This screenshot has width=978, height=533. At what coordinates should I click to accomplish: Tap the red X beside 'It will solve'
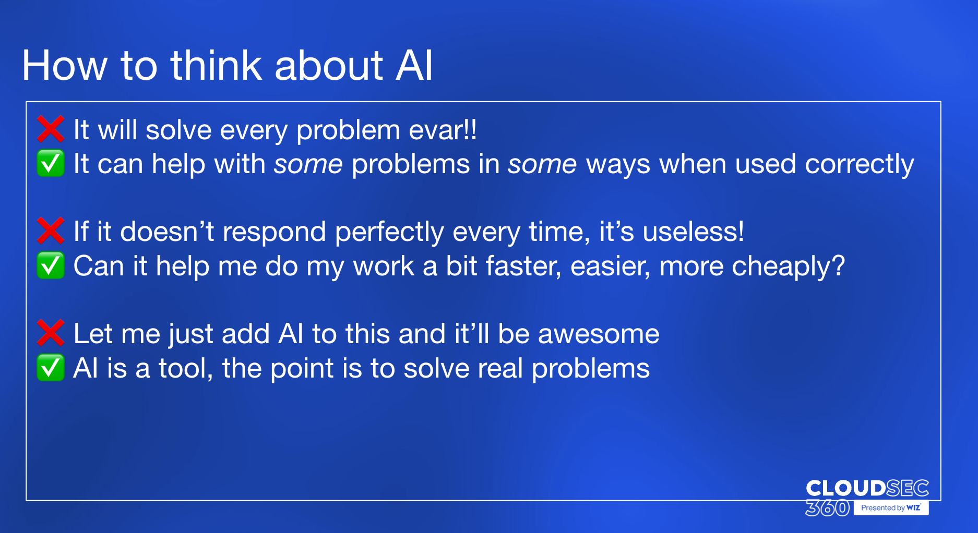[51, 129]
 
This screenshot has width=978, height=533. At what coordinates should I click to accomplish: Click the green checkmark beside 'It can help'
[51, 163]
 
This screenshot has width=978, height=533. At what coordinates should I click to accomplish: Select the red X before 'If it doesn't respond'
[51, 231]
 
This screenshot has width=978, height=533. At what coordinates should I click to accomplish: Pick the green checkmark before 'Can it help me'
[51, 265]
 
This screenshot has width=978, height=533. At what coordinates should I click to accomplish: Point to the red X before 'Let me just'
[51, 333]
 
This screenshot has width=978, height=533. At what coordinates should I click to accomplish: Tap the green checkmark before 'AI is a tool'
[51, 368]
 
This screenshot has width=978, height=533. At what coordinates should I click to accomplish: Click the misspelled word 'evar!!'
[443, 130]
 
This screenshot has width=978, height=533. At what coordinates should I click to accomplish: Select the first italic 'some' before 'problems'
[308, 164]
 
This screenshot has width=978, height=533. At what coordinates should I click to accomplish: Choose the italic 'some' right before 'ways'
[542, 164]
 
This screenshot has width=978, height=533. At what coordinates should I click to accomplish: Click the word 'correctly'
[860, 165]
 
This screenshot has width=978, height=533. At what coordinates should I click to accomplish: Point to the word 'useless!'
[694, 232]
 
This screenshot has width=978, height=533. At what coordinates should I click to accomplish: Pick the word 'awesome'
[599, 334]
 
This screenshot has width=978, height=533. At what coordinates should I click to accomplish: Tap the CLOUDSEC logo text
[867, 488]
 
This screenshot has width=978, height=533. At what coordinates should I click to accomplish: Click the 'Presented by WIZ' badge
[891, 507]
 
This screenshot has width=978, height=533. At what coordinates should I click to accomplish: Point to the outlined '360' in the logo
[828, 507]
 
